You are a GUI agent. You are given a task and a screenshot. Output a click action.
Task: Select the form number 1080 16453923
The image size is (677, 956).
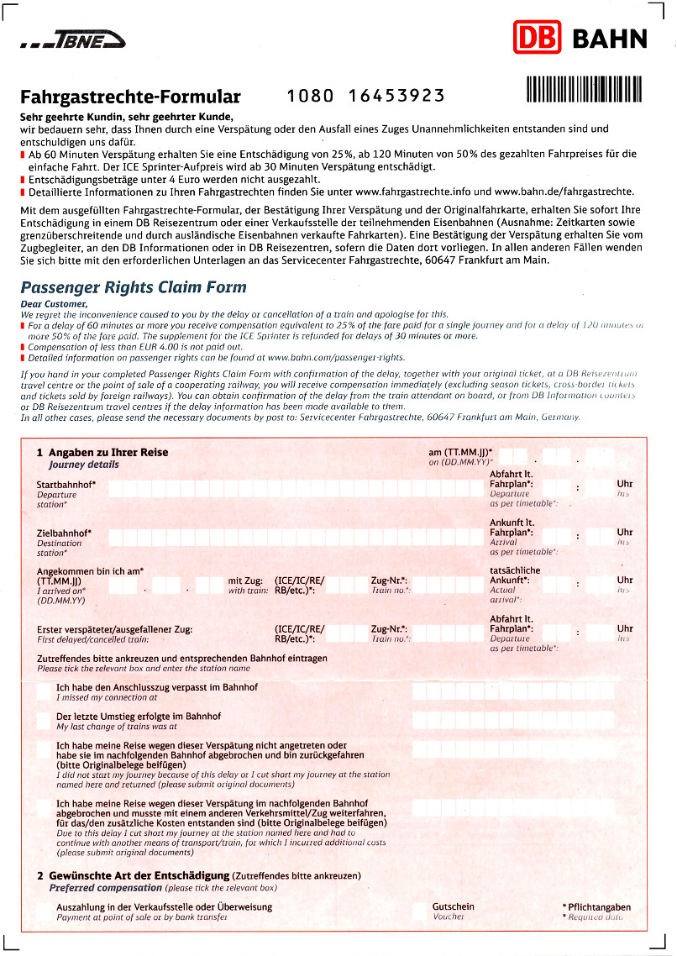(x=365, y=95)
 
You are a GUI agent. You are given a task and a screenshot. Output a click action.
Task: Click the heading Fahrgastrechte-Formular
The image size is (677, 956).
(x=130, y=97)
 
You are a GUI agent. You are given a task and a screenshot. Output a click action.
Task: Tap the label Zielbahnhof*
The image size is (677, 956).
(x=64, y=533)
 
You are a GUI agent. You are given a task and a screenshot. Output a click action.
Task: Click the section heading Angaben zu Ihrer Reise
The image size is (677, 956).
(x=108, y=452)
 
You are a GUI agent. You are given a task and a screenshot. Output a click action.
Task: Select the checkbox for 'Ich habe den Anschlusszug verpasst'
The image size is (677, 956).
(x=45, y=691)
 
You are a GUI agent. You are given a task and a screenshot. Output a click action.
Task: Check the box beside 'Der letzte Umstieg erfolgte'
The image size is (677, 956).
(x=45, y=720)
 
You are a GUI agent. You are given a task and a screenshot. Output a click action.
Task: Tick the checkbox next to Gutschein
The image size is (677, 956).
(x=419, y=911)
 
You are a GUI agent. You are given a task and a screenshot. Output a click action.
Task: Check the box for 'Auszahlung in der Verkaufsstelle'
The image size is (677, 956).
(x=45, y=911)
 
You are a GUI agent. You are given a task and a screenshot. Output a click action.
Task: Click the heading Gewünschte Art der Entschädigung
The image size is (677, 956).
(x=139, y=875)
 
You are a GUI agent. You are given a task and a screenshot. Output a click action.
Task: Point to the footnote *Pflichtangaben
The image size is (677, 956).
(x=596, y=906)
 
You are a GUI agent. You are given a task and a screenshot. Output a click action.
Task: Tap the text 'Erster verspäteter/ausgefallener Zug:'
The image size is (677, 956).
(x=115, y=628)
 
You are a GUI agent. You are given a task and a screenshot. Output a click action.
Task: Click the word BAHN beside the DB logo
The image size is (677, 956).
(x=609, y=39)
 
